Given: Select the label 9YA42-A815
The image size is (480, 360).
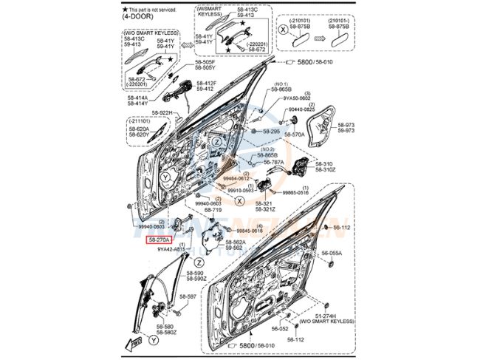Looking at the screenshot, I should point(171,249).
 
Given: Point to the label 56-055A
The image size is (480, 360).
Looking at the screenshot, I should point(332,253).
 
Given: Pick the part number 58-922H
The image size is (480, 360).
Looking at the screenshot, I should point(162,113).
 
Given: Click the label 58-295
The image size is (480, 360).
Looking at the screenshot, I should point(271,132).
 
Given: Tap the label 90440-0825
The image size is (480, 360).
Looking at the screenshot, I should point(301,109).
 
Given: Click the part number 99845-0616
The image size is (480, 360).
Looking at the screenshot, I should point(250,231).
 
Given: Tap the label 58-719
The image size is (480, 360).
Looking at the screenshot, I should point(213,210).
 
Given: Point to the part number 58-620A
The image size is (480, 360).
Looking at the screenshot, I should point(137,129).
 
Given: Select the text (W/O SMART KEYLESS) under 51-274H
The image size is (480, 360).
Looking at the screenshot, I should point(326,322).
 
